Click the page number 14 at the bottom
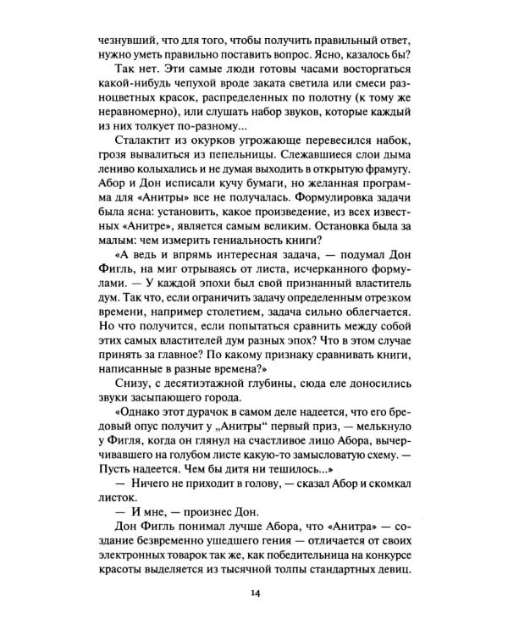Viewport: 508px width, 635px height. point(255,592)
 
